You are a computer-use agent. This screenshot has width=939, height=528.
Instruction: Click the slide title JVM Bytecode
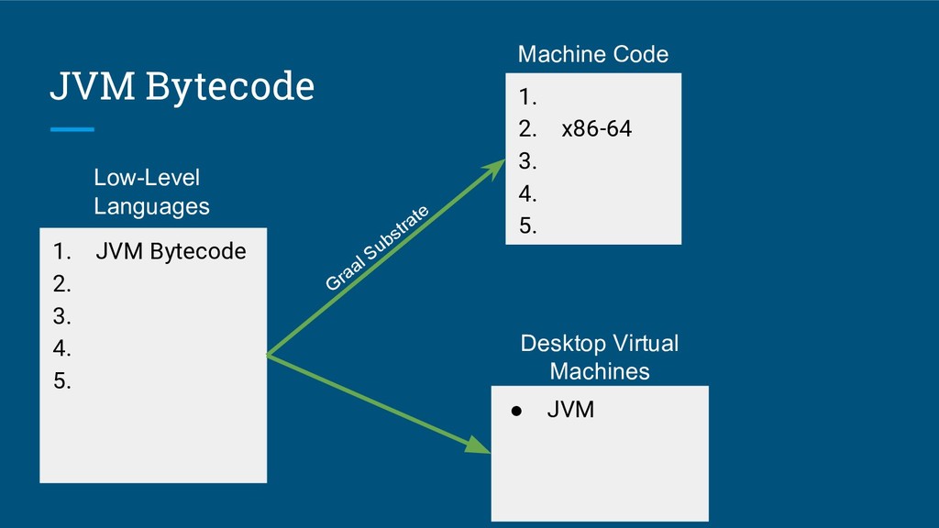[182, 86]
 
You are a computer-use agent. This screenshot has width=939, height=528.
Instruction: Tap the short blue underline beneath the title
[72, 129]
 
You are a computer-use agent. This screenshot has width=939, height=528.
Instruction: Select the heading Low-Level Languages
[151, 192]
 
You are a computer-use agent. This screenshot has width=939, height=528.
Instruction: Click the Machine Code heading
[593, 54]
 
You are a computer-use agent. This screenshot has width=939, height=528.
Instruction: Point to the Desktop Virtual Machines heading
[600, 357]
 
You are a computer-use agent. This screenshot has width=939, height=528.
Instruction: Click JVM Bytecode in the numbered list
[171, 251]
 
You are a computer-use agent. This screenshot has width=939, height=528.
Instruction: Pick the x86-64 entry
[596, 128]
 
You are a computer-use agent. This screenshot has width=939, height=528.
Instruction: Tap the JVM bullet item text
[570, 410]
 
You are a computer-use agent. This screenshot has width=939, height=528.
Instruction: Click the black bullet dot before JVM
[516, 411]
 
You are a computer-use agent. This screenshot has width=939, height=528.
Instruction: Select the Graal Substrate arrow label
[377, 247]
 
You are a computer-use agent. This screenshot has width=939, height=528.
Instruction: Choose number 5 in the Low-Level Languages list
[61, 380]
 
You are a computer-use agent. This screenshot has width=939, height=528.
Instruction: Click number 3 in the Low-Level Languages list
[61, 316]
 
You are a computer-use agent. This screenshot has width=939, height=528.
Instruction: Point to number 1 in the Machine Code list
[527, 97]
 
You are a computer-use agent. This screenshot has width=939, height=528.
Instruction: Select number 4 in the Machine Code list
[527, 194]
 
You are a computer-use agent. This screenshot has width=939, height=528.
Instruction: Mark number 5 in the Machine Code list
[527, 225]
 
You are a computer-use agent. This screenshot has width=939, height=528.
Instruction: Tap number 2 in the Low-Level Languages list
[61, 284]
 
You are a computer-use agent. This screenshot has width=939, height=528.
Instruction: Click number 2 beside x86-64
[527, 128]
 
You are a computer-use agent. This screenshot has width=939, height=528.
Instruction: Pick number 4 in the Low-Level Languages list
[61, 348]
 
